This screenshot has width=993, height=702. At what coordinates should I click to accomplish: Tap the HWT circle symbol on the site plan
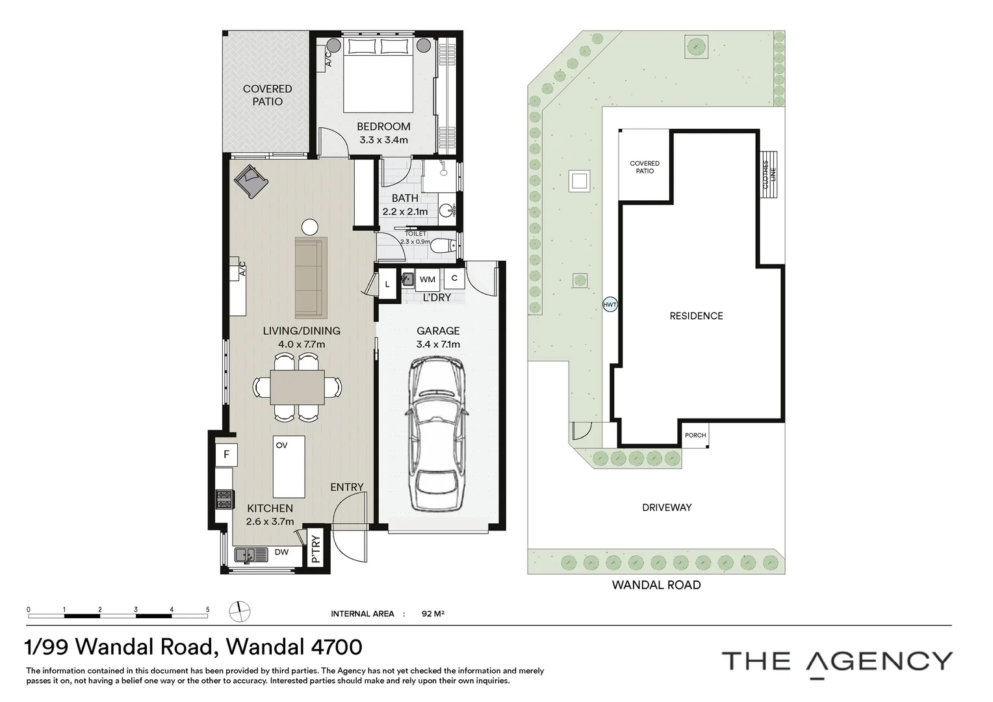[x=610, y=305]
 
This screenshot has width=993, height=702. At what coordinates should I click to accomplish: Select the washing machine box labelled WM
[x=428, y=279]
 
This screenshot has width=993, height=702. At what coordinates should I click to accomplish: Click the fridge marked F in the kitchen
[x=227, y=454]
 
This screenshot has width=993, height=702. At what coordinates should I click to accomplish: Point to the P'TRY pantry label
[x=316, y=549]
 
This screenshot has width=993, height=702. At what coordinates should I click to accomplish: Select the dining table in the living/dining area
[x=298, y=387]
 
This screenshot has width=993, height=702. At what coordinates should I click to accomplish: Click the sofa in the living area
[x=311, y=278]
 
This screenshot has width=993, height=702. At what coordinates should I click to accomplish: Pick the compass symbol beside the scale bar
[x=239, y=612]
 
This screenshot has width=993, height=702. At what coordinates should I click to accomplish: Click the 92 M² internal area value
[x=433, y=614]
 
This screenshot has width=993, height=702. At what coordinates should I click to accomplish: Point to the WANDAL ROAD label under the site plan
[x=656, y=585]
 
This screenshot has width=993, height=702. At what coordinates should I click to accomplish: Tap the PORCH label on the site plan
[x=695, y=435]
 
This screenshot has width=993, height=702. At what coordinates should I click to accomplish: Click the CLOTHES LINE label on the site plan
[x=769, y=174]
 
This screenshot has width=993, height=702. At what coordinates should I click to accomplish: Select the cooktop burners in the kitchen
[x=224, y=499]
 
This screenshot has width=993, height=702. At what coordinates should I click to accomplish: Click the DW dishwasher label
[x=281, y=552]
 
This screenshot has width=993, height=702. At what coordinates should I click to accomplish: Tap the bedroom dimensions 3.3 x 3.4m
[x=383, y=140]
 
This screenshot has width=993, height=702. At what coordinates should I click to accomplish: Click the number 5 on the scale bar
[x=207, y=609]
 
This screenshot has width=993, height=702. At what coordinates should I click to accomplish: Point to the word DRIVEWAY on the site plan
[x=667, y=507]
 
